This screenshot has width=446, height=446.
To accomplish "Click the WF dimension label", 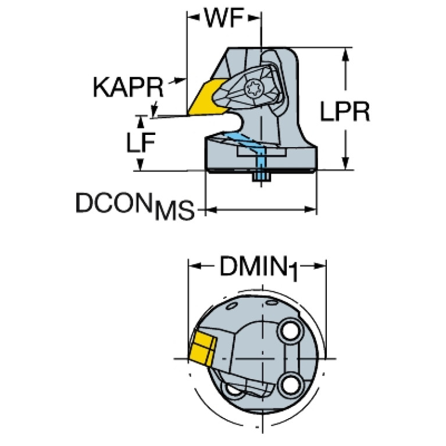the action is click(x=224, y=18).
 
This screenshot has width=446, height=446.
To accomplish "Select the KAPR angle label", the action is click(x=129, y=87).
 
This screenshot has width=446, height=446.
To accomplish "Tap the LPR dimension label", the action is click(x=345, y=111).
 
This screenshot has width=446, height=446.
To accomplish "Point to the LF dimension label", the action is click(x=141, y=142).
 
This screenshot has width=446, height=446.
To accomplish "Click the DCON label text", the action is click(x=113, y=202).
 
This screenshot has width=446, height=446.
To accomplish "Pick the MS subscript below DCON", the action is click(x=174, y=210).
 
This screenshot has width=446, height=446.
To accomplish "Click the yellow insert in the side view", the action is click(x=207, y=98).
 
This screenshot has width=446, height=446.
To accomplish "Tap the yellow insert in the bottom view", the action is click(x=202, y=348).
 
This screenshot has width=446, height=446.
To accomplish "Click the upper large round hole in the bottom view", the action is click(x=290, y=331).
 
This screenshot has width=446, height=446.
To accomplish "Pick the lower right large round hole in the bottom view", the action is click(x=290, y=386).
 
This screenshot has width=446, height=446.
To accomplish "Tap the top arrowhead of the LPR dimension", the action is click(x=345, y=54).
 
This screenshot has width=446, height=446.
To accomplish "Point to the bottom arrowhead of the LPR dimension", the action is click(x=345, y=163).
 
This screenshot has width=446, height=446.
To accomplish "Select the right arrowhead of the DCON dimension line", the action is click(x=311, y=210).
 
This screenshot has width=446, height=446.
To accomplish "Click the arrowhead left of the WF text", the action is click(x=193, y=17).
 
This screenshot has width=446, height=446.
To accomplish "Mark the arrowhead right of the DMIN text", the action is click(x=320, y=266).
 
